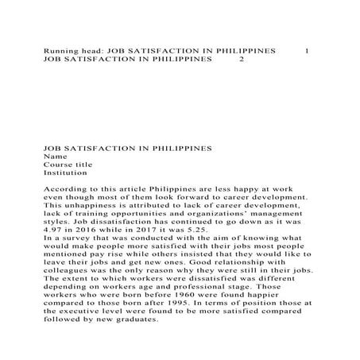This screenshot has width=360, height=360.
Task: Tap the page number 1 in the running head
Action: pyautogui.click(x=307, y=50)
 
